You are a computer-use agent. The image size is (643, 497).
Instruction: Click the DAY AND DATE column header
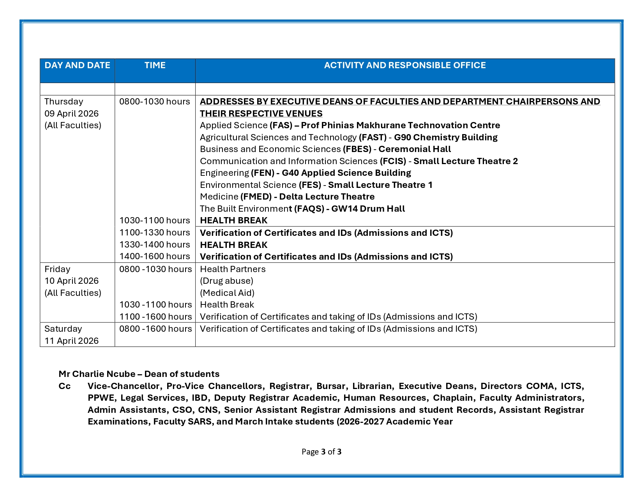click(x=77, y=65)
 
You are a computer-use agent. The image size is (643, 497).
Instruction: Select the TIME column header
click(x=155, y=65)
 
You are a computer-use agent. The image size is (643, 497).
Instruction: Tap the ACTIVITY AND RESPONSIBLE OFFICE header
click(x=405, y=65)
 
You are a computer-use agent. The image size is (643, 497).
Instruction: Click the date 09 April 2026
click(x=71, y=113)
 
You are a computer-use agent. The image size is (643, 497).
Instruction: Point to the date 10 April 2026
click(x=71, y=281)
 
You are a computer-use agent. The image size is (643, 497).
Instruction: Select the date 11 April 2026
click(x=71, y=341)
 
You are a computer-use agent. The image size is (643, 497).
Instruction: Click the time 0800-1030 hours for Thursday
click(x=155, y=102)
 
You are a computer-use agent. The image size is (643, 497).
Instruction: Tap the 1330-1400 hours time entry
click(x=155, y=245)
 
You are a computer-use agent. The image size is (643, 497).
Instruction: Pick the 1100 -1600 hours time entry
click(x=155, y=317)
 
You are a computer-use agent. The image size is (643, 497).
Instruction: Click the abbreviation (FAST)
click(x=373, y=138)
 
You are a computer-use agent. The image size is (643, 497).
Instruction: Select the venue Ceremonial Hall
click(x=415, y=149)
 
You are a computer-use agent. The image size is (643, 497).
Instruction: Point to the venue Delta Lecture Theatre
click(x=327, y=197)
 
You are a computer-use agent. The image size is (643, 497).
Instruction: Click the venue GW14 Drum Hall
click(x=368, y=209)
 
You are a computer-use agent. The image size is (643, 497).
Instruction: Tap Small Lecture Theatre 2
click(x=466, y=161)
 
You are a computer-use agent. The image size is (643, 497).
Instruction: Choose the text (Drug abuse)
click(x=226, y=281)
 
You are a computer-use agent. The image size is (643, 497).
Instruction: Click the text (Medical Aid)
click(x=227, y=293)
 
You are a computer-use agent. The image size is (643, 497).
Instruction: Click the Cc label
click(x=65, y=386)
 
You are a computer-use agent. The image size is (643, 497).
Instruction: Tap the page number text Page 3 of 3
click(x=321, y=452)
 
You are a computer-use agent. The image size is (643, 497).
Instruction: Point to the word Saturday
click(x=63, y=329)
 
